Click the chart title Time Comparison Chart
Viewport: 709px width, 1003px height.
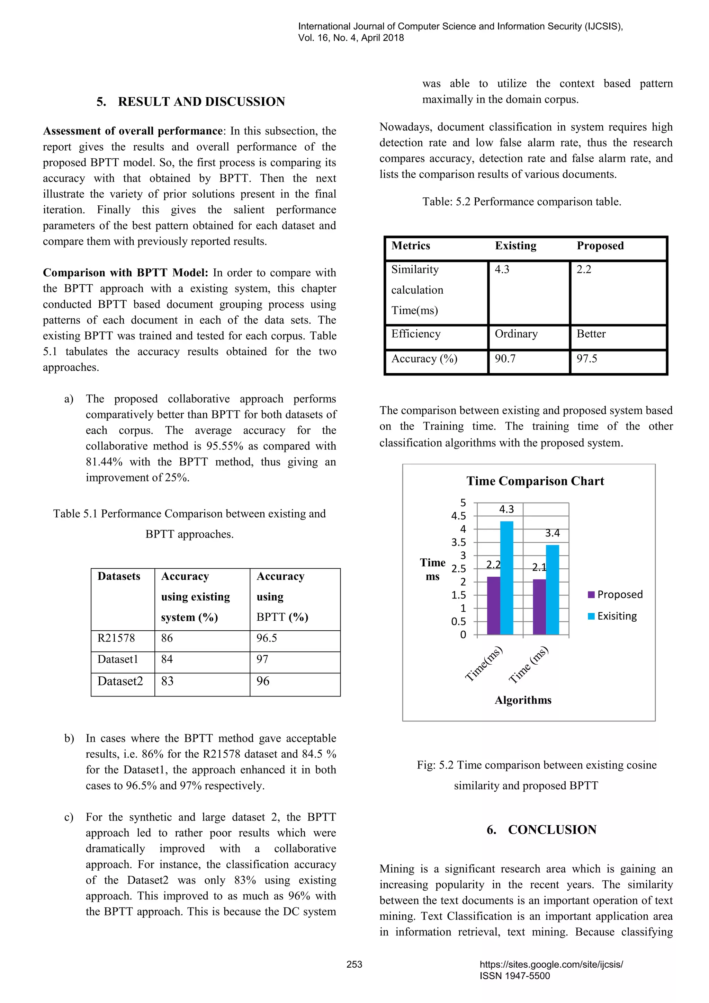coord(535,481)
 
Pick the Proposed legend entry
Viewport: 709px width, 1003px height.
coord(616,595)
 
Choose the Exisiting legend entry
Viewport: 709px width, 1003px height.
coord(613,616)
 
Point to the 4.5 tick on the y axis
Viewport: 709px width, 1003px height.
coord(458,516)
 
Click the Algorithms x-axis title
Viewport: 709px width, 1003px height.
coord(523,700)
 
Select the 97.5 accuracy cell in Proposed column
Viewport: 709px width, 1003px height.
coord(587,359)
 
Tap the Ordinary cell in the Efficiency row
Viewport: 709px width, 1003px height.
coord(516,334)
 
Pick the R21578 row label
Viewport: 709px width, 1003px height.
coord(116,638)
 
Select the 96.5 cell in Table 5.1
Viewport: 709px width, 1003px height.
coord(267,638)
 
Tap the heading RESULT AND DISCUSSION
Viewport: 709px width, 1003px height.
coord(201,102)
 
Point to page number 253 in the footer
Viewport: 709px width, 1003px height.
coord(354,964)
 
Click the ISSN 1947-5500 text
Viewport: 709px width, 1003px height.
coord(515,976)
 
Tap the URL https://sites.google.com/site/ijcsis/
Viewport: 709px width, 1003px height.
coord(551,964)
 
